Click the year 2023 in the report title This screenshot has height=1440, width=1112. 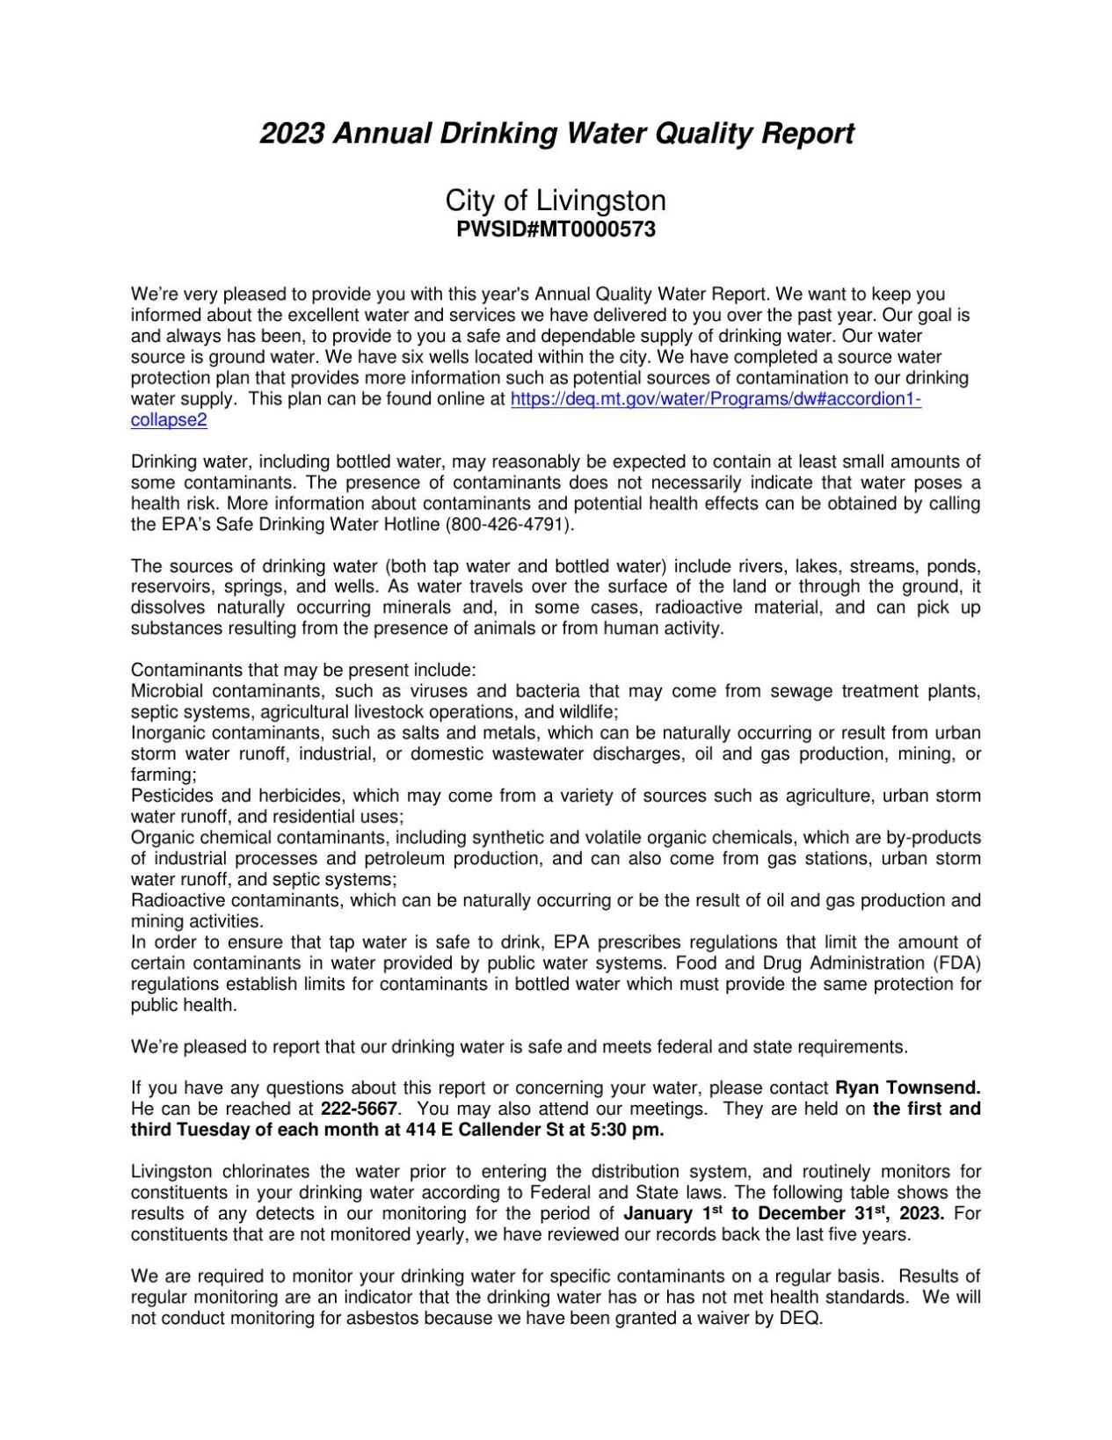pos(292,134)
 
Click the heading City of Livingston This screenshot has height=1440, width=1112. pos(556,200)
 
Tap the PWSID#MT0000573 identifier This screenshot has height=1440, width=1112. pos(556,230)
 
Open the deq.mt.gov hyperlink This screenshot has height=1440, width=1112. pos(716,399)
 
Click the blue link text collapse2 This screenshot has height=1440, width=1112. pos(169,420)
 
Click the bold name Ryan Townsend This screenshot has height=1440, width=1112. pos(907,1088)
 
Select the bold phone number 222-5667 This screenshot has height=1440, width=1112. pos(360,1109)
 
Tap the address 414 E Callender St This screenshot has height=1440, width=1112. pos(468,1131)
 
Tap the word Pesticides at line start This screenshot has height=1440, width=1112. pos(171,796)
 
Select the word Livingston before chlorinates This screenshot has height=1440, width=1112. pos(171,1172)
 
